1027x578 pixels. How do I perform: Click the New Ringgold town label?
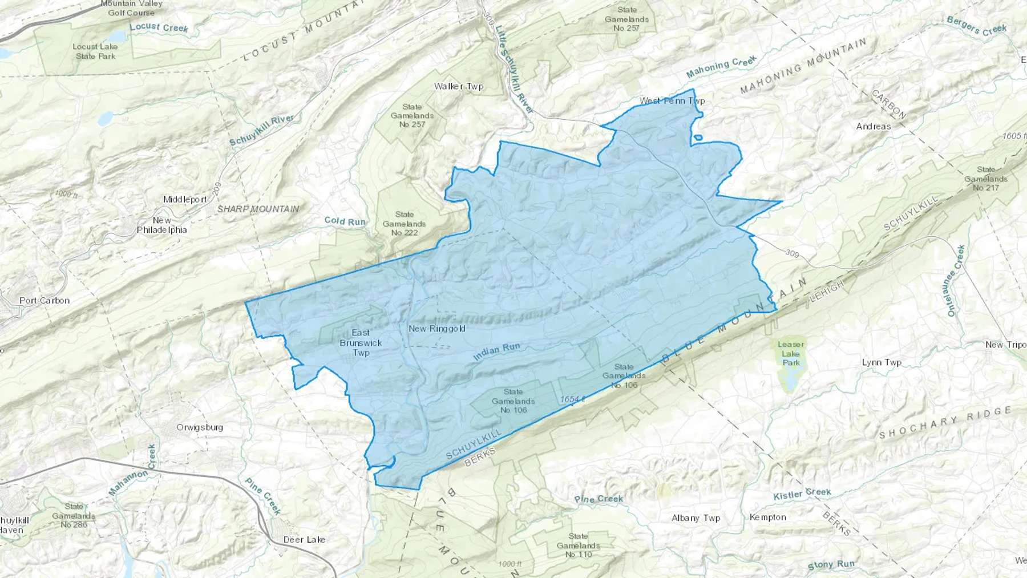(x=436, y=329)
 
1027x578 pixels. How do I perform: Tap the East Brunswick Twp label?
(x=361, y=342)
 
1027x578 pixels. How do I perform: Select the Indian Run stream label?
(x=496, y=351)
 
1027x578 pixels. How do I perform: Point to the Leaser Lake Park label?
(x=791, y=353)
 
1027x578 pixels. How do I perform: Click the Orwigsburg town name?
(x=200, y=427)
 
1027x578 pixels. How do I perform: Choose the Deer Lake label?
(x=304, y=539)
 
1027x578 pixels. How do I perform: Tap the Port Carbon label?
(x=45, y=300)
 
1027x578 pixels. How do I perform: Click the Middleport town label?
(x=185, y=199)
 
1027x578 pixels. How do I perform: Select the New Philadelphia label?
(x=161, y=225)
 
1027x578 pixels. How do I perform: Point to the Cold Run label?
(x=345, y=221)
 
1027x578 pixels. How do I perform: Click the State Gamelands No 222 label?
(x=404, y=223)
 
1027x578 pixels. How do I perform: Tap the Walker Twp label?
(x=459, y=87)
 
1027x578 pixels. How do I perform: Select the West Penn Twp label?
(x=672, y=101)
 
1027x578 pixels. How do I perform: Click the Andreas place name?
(x=873, y=126)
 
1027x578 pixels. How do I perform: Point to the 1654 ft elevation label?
(x=572, y=399)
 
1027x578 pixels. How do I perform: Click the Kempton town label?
(x=767, y=517)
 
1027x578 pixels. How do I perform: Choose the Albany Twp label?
(x=696, y=518)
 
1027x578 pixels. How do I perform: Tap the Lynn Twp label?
(x=882, y=362)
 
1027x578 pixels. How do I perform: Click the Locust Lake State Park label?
(x=95, y=51)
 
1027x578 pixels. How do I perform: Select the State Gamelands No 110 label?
(x=578, y=545)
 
